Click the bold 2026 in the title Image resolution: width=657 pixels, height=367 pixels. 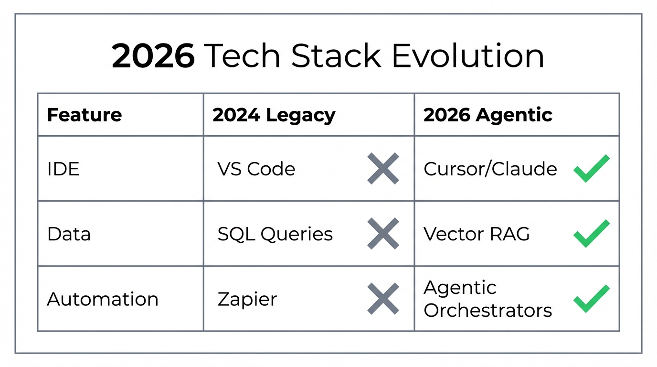pyautogui.click(x=153, y=56)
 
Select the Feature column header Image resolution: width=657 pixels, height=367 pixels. pyautogui.click(x=85, y=115)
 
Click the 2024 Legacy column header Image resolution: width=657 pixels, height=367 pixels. pyautogui.click(x=274, y=115)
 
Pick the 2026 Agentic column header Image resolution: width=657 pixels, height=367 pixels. pyautogui.click(x=487, y=115)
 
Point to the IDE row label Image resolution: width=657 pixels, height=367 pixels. pyautogui.click(x=64, y=169)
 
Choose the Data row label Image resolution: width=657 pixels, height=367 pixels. pyautogui.click(x=69, y=234)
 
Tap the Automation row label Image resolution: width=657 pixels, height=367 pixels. pyautogui.click(x=103, y=299)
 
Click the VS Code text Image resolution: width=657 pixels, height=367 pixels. pyautogui.click(x=256, y=169)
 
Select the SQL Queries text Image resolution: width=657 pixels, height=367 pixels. pyautogui.click(x=275, y=234)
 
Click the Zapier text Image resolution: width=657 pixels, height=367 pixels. pyautogui.click(x=247, y=299)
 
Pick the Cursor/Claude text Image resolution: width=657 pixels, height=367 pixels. pyautogui.click(x=490, y=169)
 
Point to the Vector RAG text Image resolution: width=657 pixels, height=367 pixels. pyautogui.click(x=477, y=234)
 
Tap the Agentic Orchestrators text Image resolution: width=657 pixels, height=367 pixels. pyautogui.click(x=487, y=299)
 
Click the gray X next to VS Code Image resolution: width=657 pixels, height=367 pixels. pyautogui.click(x=383, y=169)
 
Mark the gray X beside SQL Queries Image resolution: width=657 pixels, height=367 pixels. pyautogui.click(x=383, y=234)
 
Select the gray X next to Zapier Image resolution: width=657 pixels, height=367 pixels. pyautogui.click(x=383, y=299)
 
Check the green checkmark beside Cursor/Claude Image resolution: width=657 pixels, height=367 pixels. pyautogui.click(x=591, y=168)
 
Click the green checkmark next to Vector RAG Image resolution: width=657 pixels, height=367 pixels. pyautogui.click(x=591, y=233)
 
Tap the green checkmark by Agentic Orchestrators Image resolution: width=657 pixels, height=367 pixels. pyautogui.click(x=591, y=298)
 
